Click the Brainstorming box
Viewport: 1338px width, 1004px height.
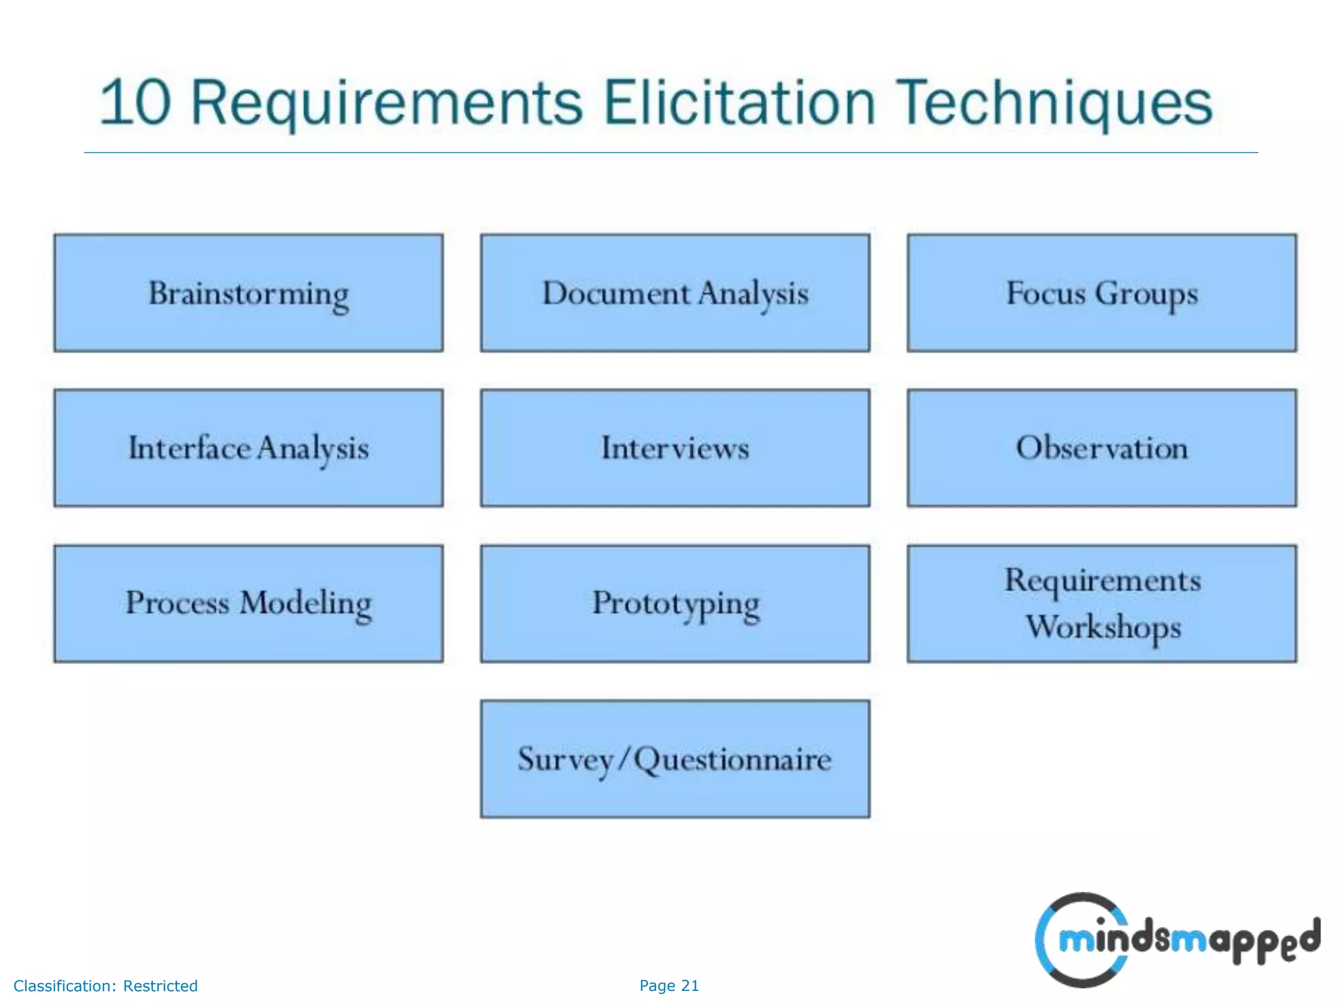[248, 293]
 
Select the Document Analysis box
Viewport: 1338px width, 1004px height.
[675, 293]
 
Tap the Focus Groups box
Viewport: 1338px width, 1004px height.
[1101, 293]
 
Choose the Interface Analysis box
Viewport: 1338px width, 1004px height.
[248, 448]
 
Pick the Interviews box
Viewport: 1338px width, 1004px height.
[675, 448]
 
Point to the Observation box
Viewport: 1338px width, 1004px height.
[1101, 448]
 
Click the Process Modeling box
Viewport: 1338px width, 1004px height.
[248, 603]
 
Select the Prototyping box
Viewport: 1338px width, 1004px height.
[675, 603]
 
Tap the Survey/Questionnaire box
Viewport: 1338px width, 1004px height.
[675, 758]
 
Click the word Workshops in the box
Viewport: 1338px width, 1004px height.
[1103, 627]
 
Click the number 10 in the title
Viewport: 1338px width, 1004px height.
[135, 103]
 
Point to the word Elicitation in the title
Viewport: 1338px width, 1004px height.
[739, 103]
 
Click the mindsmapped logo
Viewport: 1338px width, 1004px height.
[1176, 940]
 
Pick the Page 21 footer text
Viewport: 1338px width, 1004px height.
[669, 986]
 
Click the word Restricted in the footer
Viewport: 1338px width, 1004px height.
[160, 986]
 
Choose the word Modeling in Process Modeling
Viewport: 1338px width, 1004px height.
[306, 604]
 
